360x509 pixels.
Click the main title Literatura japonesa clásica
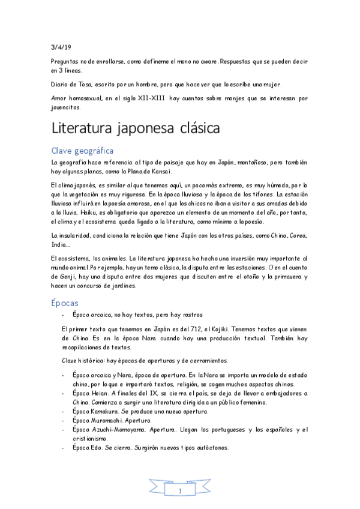[136, 128]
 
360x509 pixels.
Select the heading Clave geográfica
[82, 150]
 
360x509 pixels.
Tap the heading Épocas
[65, 303]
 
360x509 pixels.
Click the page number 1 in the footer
[179, 492]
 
